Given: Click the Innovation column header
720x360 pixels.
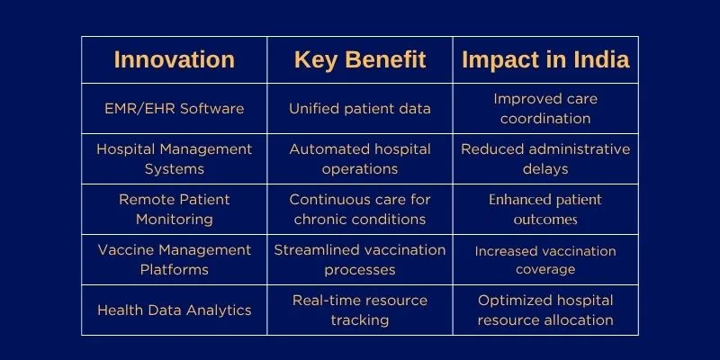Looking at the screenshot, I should coord(174,60).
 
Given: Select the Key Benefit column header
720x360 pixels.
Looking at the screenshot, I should coord(359,60).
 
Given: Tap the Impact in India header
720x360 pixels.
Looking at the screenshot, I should coord(544,60).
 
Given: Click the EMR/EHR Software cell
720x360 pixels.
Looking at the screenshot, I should coord(174,109).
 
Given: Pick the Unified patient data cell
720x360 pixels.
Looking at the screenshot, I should coord(359,109).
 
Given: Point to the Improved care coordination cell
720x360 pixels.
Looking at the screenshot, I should coord(544,109).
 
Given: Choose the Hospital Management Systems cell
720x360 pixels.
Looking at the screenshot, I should coord(174,158).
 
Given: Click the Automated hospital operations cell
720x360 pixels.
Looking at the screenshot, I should coord(359,158).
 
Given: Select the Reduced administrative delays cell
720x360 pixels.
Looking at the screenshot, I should coord(544,158).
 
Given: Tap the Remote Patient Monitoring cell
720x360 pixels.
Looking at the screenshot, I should coord(174,209).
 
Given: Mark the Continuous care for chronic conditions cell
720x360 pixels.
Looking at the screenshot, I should coord(359,209).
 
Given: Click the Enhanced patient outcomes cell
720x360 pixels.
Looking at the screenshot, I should coord(544,209).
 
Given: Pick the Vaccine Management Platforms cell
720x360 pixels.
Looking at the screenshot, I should coord(174,259).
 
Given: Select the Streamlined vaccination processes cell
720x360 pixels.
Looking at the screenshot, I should coord(359,259).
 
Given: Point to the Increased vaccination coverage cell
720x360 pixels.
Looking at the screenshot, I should coord(544,259).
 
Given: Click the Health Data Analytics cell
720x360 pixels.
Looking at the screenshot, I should coord(174,310).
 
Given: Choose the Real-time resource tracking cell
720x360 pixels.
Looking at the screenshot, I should coord(359,310).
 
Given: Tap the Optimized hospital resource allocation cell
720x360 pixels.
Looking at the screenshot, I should coord(544,310).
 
